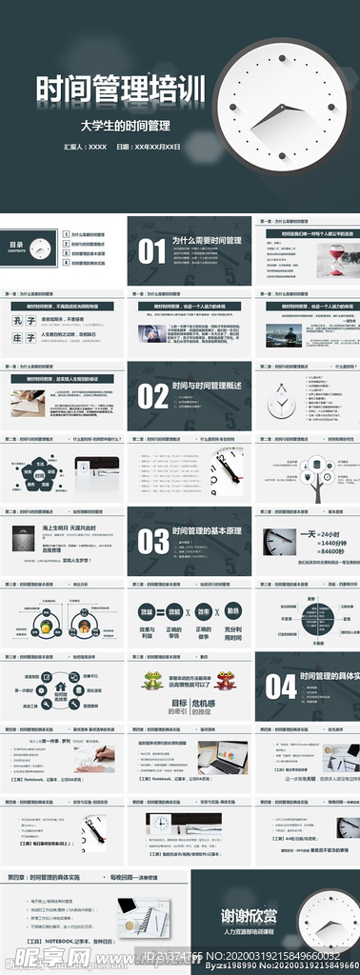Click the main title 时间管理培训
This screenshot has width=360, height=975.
pos(120,91)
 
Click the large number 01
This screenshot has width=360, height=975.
pos(152,250)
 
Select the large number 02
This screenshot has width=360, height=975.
pos(152,395)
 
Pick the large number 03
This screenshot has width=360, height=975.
pos(152,541)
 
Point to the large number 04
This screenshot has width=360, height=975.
pos(281,686)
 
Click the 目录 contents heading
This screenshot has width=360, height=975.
pos(16,246)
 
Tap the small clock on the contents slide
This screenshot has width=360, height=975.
pos(39,249)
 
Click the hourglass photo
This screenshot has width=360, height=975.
pos(336,257)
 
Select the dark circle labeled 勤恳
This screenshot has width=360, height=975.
pos(232,611)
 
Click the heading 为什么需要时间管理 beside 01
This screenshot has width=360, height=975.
pos(207,242)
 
